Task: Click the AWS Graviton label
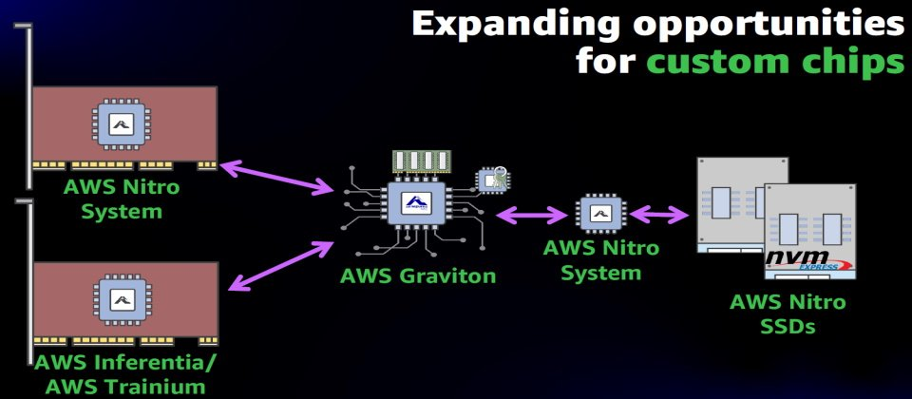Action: [x=418, y=276]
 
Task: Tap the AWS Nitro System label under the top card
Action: [x=122, y=198]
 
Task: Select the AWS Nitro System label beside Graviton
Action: [x=599, y=260]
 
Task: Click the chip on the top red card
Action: [x=120, y=123]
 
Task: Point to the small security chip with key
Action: [x=491, y=180]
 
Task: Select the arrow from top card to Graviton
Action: [x=276, y=178]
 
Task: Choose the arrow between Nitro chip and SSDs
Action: [x=659, y=214]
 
